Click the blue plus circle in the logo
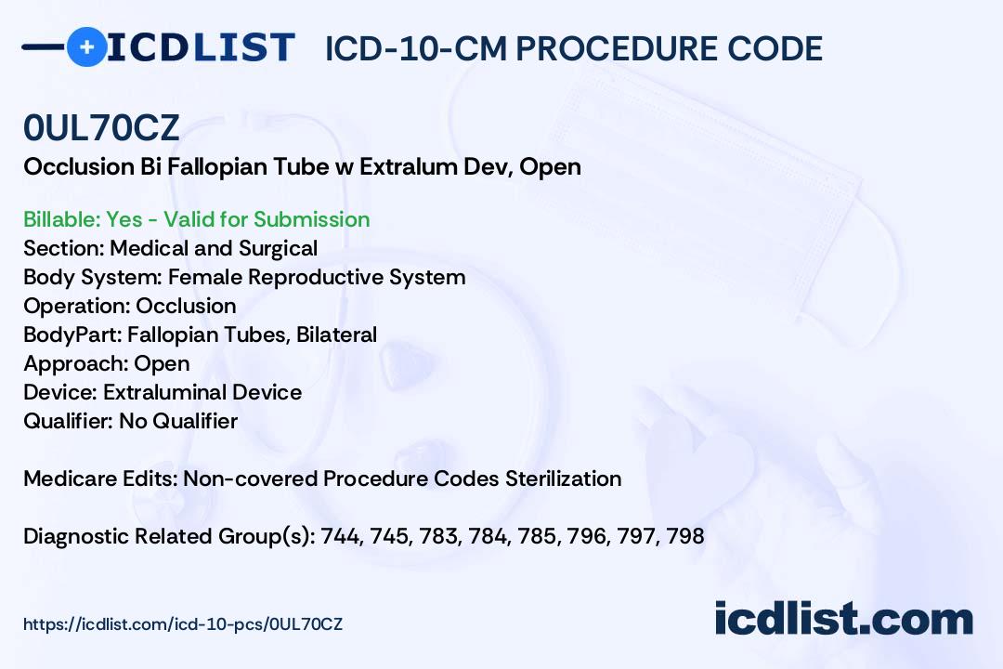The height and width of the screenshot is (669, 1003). tap(86, 46)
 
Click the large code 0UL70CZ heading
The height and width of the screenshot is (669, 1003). tap(101, 127)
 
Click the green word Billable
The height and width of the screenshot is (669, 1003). tap(59, 219)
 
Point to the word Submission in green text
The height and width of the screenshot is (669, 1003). tap(311, 219)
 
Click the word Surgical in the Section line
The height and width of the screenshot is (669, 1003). tap(279, 248)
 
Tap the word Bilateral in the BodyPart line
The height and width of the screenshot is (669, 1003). tap(336, 334)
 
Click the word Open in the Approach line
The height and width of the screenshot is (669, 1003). tap(162, 363)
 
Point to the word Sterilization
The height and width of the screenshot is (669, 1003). tap(564, 479)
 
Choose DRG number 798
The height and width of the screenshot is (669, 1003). tap(685, 536)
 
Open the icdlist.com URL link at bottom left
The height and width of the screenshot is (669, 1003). tap(183, 624)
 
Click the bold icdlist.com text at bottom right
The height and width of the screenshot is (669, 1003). tap(843, 619)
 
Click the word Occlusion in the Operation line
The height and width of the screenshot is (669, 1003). tap(186, 306)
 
